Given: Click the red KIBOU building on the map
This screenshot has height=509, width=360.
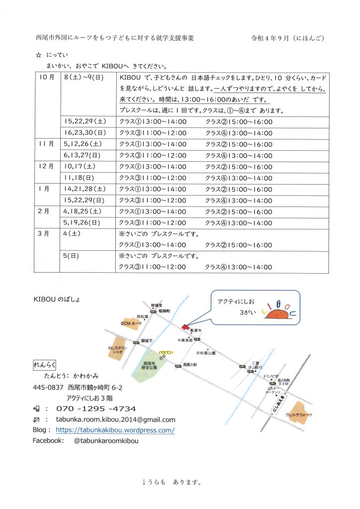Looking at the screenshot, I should tap(185, 327).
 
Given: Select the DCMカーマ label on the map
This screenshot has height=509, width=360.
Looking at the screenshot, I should tap(132, 323).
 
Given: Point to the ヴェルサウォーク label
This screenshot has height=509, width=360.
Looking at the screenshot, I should tap(299, 414).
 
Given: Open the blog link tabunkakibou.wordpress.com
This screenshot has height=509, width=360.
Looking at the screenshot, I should tap(115, 430).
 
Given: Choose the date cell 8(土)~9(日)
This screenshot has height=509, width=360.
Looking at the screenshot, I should tap(83, 78).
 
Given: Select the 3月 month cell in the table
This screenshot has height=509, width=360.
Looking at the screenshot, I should tap(44, 233).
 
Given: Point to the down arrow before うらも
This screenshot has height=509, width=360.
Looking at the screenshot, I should tap(144, 482).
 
